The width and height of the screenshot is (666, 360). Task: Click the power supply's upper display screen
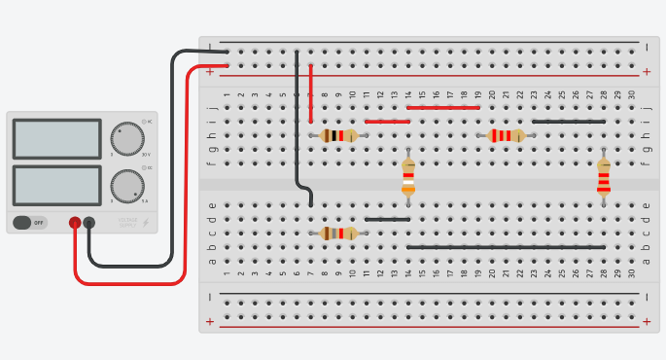56,139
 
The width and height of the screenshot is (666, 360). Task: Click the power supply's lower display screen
56,185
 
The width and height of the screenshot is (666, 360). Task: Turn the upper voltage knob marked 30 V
126,139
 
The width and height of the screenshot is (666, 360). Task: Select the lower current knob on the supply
126,185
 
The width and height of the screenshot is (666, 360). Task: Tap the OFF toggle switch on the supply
29,223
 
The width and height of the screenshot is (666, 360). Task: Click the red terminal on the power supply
75,223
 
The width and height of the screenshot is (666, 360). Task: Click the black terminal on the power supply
89,223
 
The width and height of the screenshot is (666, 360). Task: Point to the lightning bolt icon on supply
146,223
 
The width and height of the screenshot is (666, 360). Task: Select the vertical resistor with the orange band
408,178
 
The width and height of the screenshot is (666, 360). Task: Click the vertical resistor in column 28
604,178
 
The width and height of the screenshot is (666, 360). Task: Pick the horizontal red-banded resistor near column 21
506,136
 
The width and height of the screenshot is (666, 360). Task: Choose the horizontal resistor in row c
338,234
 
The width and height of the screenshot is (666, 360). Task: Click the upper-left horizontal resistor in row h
338,136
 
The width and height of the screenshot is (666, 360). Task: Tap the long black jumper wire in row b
506,247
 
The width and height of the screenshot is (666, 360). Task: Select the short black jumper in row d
387,220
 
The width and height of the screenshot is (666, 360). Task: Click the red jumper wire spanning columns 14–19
443,107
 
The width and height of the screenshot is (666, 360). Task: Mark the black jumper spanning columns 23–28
569,122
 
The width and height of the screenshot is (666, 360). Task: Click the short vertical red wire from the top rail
310,80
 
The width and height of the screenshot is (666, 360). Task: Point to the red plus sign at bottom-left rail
210,321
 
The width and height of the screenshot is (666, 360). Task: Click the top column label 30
632,94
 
